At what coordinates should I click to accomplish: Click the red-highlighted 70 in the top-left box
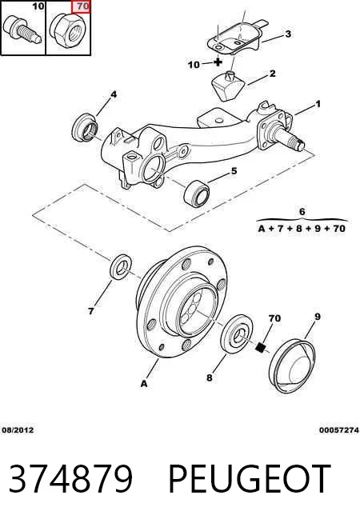point(81,6)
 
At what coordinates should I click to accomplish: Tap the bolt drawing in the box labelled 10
point(22,29)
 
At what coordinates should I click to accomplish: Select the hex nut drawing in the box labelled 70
point(68,30)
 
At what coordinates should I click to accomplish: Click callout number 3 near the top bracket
point(287,34)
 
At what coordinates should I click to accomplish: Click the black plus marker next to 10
point(218,62)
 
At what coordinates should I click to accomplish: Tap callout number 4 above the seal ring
point(114,94)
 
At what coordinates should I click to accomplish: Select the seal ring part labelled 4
point(85,126)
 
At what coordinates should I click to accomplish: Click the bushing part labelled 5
point(197,193)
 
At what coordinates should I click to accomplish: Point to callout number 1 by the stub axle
point(318,104)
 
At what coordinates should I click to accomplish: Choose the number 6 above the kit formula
point(302,211)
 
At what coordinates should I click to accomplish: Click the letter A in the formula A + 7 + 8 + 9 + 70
point(262,229)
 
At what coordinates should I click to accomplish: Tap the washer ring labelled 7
point(121,267)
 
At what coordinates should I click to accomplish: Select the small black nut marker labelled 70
point(261,347)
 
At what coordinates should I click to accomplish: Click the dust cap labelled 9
point(292,366)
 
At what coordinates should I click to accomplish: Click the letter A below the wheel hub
point(144,384)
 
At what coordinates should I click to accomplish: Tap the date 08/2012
point(18,430)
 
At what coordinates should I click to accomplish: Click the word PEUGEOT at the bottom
point(250,479)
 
